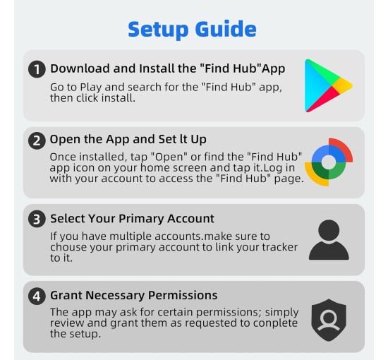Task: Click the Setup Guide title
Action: coord(193,29)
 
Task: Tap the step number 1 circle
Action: coord(37,69)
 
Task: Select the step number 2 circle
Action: coord(37,140)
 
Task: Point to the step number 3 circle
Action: coord(37,219)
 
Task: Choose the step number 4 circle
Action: coord(37,296)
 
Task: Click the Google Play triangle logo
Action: coord(327,86)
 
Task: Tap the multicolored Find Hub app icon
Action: coord(328,162)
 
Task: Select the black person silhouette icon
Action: coord(329,240)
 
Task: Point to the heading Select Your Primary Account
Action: coord(132,219)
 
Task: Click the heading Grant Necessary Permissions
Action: coord(133,295)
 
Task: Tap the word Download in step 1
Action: coord(79,69)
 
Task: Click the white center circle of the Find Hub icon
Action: coord(328,162)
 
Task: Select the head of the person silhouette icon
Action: coord(329,231)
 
